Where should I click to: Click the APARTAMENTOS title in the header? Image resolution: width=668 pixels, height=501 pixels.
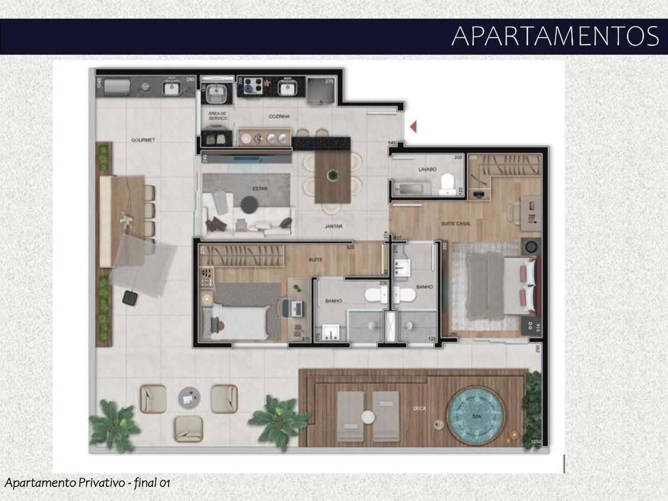pos(555,36)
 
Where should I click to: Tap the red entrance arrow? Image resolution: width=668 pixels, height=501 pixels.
pos(413,127)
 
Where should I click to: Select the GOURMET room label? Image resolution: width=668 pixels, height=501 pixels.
pos(143,140)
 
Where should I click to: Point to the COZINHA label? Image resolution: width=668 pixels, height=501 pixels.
pos(279,116)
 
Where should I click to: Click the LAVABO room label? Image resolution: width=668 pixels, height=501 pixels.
pos(427,169)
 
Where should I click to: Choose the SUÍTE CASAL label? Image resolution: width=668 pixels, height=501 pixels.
pos(456,224)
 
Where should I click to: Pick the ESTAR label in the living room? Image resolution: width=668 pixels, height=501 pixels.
pos(259,189)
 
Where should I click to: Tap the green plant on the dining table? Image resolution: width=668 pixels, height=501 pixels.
pos(332,175)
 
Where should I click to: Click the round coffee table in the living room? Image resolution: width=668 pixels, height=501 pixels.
pos(248,205)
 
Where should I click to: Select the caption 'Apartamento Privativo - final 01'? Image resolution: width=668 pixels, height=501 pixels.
pos(87,483)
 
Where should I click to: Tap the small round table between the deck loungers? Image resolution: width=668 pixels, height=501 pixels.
pos(367,416)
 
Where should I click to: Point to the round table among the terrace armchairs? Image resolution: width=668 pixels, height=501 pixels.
pos(189,397)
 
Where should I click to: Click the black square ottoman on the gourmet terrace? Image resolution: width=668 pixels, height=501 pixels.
pos(130,298)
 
